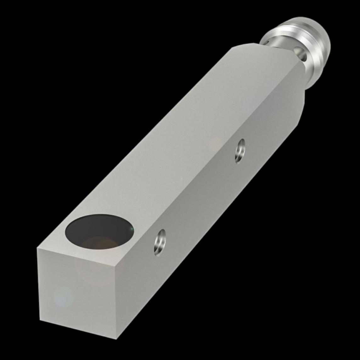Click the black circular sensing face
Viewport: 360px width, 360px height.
[x=99, y=231]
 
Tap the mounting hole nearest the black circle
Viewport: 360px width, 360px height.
[x=160, y=242]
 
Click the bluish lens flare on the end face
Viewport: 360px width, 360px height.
[x=63, y=297]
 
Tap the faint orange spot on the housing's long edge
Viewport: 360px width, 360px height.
[x=216, y=143]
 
